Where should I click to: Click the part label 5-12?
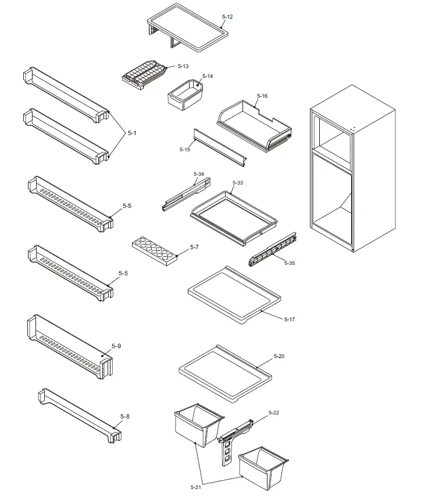click(x=227, y=17)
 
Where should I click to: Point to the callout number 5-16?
click(x=262, y=95)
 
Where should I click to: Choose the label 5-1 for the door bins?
click(x=132, y=133)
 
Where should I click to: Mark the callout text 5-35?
click(x=289, y=263)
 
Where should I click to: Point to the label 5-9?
click(x=116, y=346)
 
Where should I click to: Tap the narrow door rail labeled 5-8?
click(x=79, y=416)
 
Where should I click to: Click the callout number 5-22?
click(x=274, y=413)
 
